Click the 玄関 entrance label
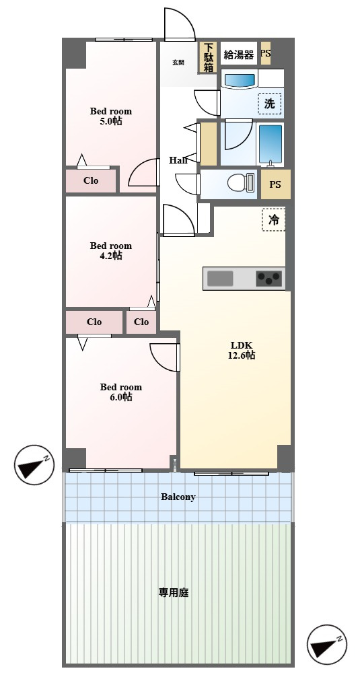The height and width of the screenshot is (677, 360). (178, 62)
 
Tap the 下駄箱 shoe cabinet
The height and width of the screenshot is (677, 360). (209, 57)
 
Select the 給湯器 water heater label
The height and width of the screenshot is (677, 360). (239, 55)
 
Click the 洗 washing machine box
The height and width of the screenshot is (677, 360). (270, 104)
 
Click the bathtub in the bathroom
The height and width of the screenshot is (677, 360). (271, 144)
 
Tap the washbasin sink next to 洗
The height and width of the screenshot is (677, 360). (240, 81)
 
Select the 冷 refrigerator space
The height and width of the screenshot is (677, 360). (274, 220)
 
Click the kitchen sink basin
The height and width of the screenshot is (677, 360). (220, 279)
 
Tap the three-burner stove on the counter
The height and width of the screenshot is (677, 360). (269, 279)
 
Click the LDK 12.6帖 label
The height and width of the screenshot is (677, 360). (242, 350)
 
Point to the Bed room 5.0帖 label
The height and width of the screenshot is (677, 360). (111, 116)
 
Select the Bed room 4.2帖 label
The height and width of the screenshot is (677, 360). (111, 251)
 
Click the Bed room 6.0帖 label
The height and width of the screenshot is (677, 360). (121, 392)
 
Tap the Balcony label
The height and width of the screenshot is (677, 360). (178, 497)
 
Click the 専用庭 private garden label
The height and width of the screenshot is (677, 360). (174, 593)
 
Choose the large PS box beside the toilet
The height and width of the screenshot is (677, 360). (275, 184)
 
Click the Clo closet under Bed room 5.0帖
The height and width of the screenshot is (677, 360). (91, 180)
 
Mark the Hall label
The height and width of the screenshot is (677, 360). (178, 160)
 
